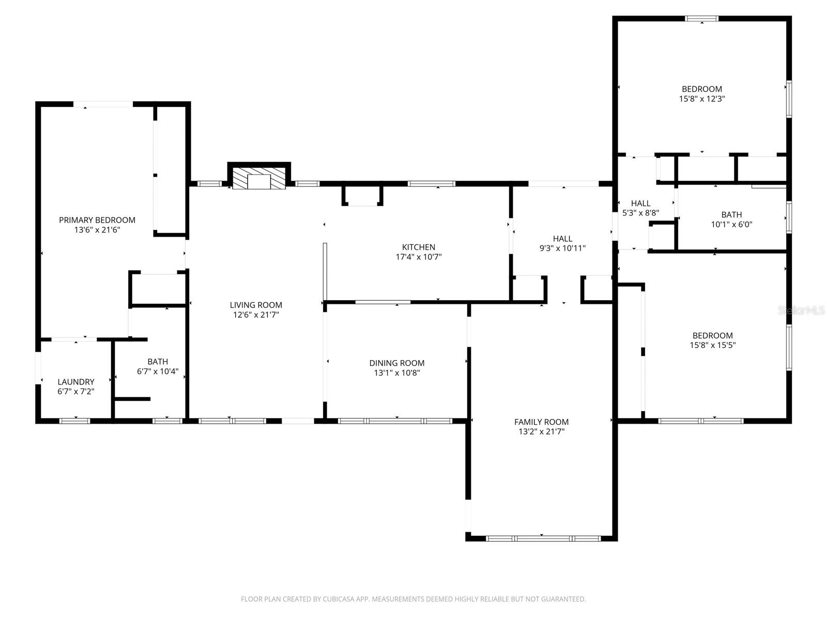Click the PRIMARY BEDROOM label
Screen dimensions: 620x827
click(x=97, y=220)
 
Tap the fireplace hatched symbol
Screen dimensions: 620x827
click(x=258, y=178)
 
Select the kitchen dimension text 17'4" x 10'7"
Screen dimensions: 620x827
click(x=419, y=257)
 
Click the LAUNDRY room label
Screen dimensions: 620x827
click(x=76, y=382)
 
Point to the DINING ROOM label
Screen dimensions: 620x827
click(x=397, y=363)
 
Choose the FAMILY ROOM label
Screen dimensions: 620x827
click(x=541, y=422)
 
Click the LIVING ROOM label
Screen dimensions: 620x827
click(x=256, y=305)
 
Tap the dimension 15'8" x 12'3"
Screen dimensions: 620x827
click(x=702, y=99)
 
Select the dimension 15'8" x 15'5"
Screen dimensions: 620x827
click(x=713, y=345)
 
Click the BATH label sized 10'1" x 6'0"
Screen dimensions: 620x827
click(x=731, y=214)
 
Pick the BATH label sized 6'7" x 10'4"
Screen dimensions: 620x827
click(x=158, y=362)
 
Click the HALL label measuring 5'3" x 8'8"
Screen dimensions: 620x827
click(x=640, y=203)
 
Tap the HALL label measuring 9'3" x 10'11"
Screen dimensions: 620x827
click(x=562, y=239)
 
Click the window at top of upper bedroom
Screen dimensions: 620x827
click(x=701, y=19)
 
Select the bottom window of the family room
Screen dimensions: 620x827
click(x=543, y=538)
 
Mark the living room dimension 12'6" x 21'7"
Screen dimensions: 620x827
click(x=256, y=315)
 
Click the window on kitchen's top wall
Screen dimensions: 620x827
click(x=432, y=183)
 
